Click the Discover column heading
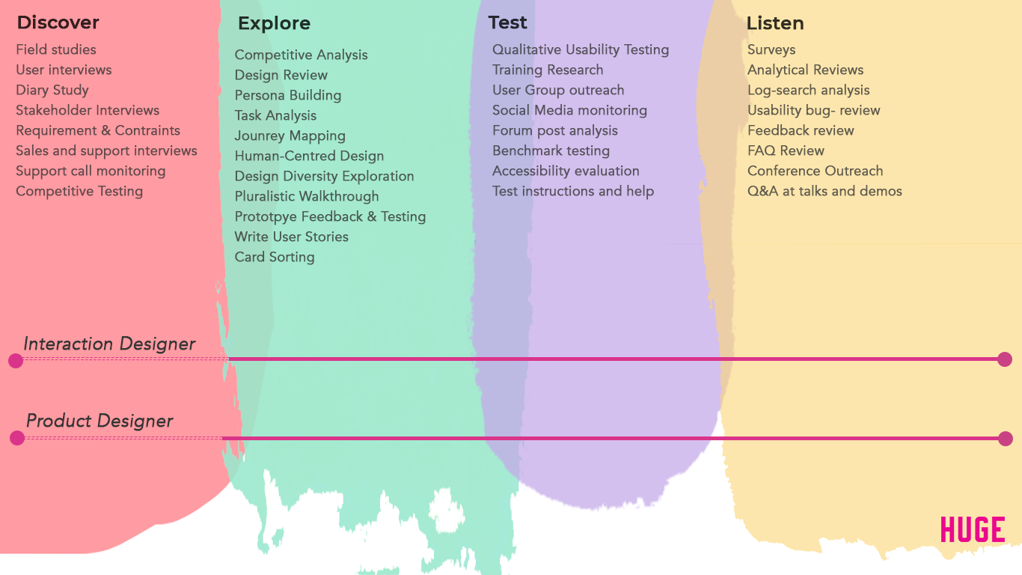(58, 22)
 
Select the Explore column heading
(275, 23)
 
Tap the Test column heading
(508, 22)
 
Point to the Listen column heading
(775, 23)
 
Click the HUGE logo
(973, 530)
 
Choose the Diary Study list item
(52, 90)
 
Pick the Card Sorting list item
(275, 257)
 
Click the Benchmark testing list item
(551, 150)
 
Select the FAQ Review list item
(786, 150)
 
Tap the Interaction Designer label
(109, 344)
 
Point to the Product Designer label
(100, 421)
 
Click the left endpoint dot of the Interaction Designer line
(16, 361)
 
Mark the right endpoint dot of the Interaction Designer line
(1005, 359)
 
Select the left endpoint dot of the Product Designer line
(17, 438)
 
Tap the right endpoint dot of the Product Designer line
(1006, 439)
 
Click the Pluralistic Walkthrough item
(307, 196)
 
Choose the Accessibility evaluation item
(566, 171)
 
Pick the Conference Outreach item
(816, 171)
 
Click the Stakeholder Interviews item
(88, 110)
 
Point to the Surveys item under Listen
(771, 49)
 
